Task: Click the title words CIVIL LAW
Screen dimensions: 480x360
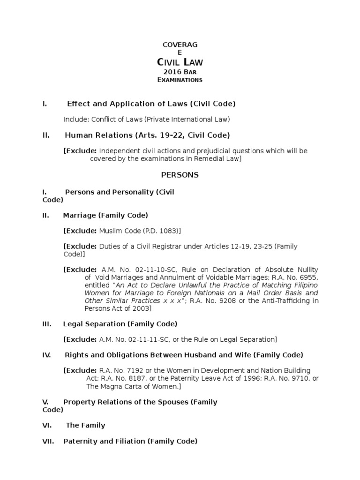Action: (x=180, y=62)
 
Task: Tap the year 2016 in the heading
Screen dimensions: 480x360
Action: (x=172, y=72)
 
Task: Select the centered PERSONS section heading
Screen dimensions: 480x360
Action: (x=180, y=175)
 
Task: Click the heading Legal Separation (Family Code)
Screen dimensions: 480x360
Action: (x=120, y=324)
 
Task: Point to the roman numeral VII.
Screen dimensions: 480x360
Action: (x=48, y=441)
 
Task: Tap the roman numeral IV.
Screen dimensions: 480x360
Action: (x=46, y=355)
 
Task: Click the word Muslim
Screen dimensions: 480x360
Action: (x=111, y=231)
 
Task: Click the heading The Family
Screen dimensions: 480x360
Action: (x=85, y=425)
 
